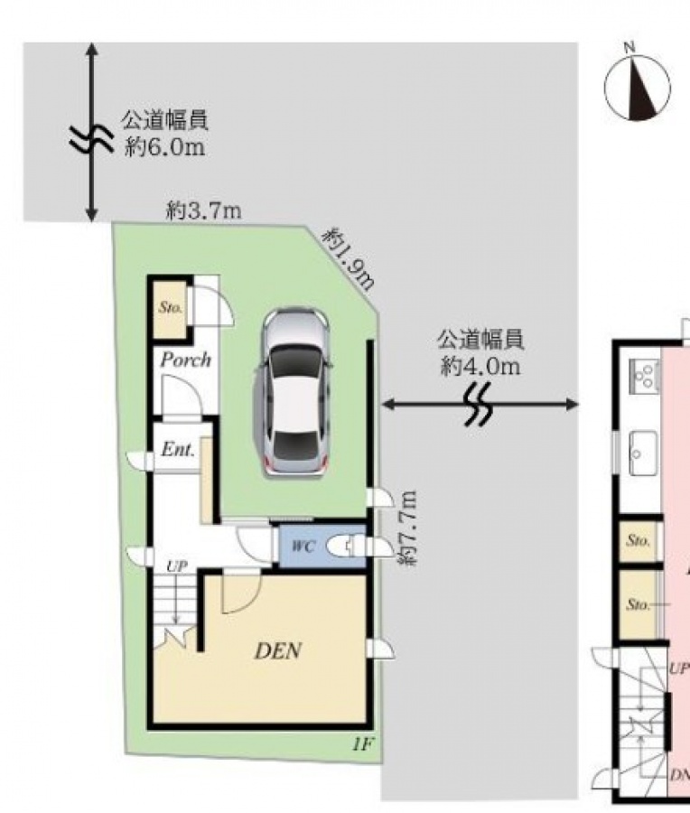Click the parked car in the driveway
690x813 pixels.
[294, 393]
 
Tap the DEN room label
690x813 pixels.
[278, 651]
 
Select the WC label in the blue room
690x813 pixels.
[303, 546]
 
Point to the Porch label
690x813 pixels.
[185, 360]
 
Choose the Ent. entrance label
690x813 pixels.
[178, 449]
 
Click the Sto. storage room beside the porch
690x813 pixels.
[171, 307]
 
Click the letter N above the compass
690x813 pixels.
[629, 47]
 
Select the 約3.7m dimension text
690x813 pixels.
[203, 210]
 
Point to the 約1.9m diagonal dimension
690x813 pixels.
[349, 258]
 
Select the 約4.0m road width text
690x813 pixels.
[480, 367]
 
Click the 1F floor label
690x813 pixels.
[362, 745]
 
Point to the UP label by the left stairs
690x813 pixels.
[177, 566]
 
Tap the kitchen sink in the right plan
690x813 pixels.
[643, 453]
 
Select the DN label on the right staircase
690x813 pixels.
[679, 775]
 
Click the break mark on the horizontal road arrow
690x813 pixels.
[479, 405]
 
